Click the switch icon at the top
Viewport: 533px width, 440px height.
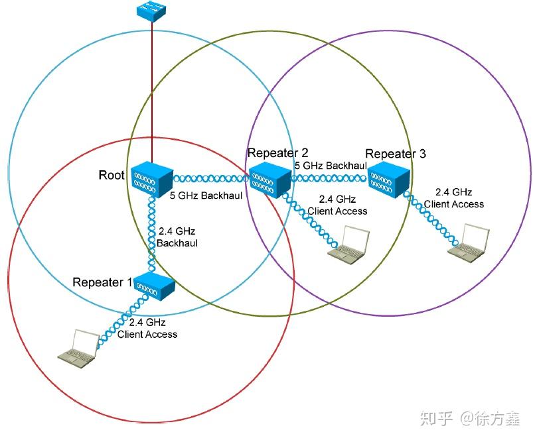(x=152, y=11)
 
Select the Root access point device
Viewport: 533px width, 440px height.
(x=151, y=178)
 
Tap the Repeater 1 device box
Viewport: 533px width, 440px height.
(x=155, y=286)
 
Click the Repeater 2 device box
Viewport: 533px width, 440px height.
(x=271, y=177)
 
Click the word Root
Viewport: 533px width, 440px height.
(x=112, y=175)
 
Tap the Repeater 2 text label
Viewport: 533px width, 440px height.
(x=277, y=153)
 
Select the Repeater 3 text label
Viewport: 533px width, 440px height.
(x=396, y=154)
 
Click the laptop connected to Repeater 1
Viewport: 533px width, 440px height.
(x=78, y=347)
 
